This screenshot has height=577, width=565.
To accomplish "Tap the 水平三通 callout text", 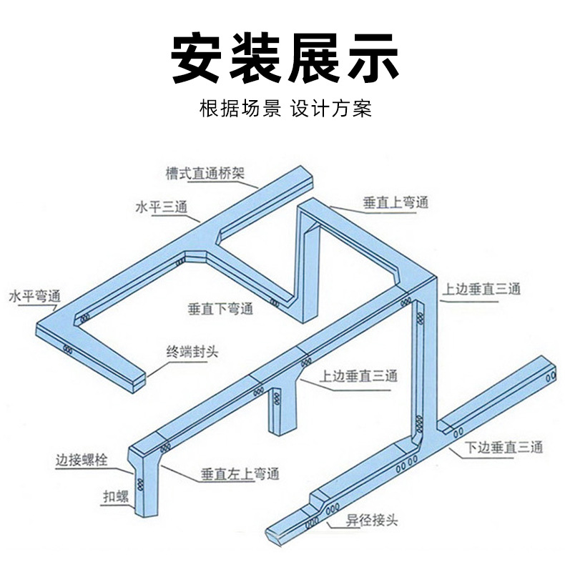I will [x=161, y=207].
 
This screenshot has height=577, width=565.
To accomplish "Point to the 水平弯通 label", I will [x=34, y=295].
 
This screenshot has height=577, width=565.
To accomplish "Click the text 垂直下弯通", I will [x=221, y=309].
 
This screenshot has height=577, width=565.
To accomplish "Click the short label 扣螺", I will [x=114, y=495].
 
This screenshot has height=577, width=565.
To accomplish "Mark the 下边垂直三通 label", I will [x=504, y=448].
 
